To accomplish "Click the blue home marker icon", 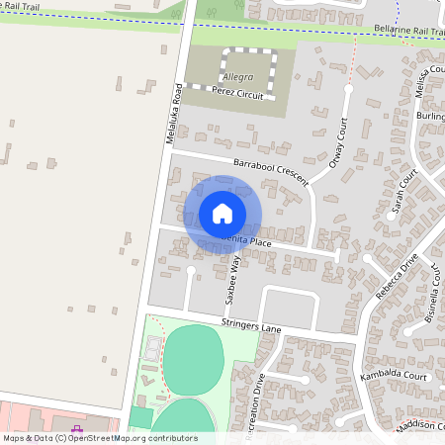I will pos(222,214).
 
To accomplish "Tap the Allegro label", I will pos(237,76).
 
